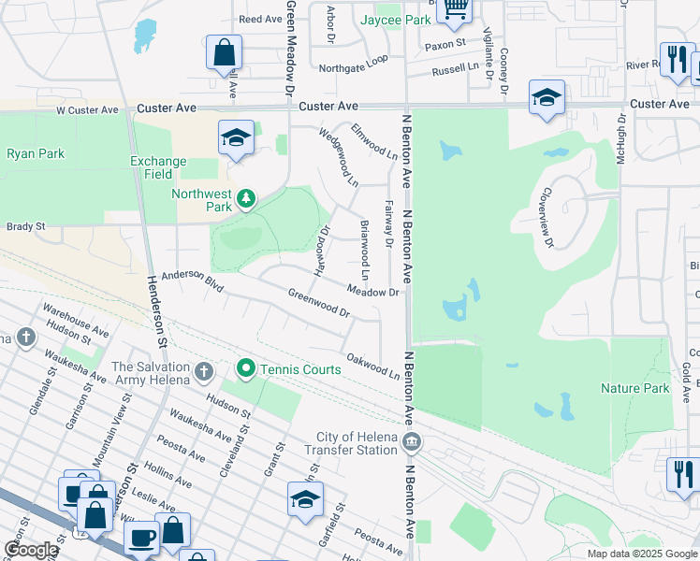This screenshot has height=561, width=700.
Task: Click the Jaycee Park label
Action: click(x=396, y=19)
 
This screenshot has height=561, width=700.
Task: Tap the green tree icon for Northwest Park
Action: click(x=246, y=198)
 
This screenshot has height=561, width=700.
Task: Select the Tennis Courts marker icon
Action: click(x=246, y=369)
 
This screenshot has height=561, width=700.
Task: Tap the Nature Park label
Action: click(x=634, y=388)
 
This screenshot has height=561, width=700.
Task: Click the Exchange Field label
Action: click(x=158, y=167)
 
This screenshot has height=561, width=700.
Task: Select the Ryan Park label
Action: click(x=36, y=153)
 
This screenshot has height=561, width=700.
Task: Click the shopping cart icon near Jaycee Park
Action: click(x=455, y=8)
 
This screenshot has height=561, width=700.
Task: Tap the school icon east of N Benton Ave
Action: click(x=547, y=96)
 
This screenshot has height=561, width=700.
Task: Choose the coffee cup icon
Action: click(x=142, y=538)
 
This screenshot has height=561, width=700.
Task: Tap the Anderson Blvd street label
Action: click(x=192, y=280)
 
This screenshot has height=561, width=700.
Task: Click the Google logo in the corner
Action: click(x=31, y=550)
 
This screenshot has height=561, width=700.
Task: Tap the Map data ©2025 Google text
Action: click(x=642, y=554)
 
